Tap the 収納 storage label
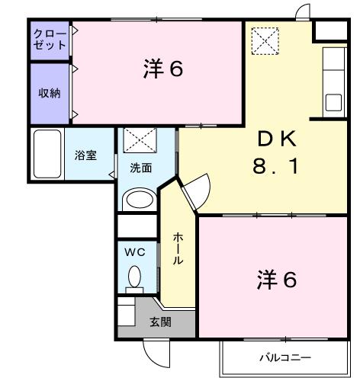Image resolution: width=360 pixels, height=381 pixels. [x=50, y=93]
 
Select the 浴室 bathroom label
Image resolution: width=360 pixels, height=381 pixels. [x=85, y=155]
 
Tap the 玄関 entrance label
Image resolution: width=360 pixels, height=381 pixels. [x=160, y=321]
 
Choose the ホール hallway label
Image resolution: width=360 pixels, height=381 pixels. [x=176, y=249]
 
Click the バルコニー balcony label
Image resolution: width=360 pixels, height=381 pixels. [x=284, y=357]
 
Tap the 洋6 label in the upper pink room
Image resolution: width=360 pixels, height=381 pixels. [x=162, y=69]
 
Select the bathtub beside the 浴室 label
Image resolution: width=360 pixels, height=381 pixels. [x=48, y=155]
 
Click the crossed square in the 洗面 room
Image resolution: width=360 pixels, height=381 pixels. [x=139, y=140]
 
